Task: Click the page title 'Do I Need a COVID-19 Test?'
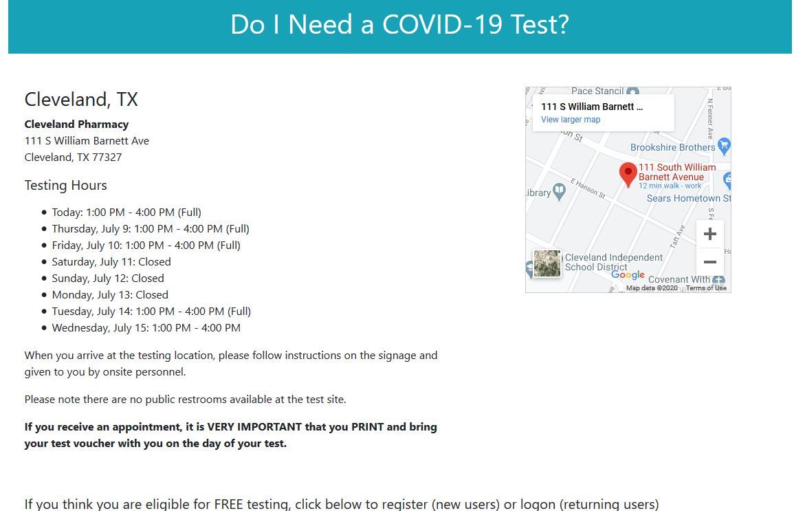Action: [399, 25]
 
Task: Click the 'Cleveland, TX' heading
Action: [81, 100]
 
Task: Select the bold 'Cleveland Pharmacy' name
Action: [76, 124]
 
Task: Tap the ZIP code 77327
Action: [107, 157]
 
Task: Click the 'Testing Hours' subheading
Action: [65, 186]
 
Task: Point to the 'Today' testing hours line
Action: [126, 213]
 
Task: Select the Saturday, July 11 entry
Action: [111, 262]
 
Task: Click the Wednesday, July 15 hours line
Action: [146, 328]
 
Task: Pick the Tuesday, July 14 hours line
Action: [151, 312]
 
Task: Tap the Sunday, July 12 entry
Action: [107, 279]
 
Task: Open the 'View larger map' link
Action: [571, 120]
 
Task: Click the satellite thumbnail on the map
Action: [547, 264]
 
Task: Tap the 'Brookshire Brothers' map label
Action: [672, 147]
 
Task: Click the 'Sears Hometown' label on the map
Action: [683, 198]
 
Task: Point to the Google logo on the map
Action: [628, 275]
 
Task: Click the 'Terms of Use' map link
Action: [706, 288]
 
